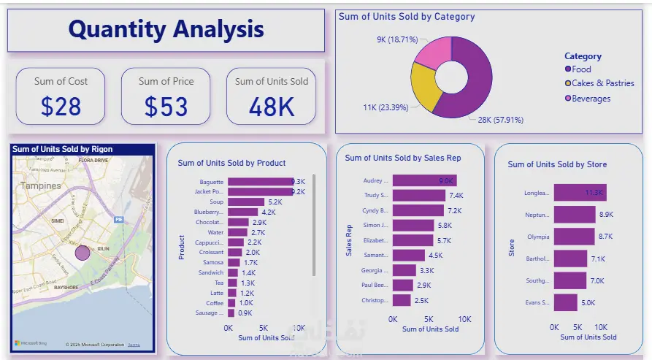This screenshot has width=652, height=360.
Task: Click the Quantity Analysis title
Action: tap(166, 29)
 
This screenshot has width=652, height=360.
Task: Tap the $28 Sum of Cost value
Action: tap(61, 107)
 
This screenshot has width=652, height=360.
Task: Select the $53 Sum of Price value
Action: tap(166, 107)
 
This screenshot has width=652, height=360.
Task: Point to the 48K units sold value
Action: tap(271, 107)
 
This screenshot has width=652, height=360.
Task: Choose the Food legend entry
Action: tap(581, 69)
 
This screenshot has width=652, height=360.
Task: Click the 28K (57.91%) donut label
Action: tap(501, 120)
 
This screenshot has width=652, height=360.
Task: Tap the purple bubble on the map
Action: tap(83, 253)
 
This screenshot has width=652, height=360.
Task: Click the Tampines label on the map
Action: tap(41, 186)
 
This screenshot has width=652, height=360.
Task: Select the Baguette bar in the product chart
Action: tap(260, 182)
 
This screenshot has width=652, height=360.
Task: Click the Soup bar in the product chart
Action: tap(246, 202)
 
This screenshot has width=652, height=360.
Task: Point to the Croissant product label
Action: tap(212, 253)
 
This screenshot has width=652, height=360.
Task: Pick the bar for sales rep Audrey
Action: tap(424, 180)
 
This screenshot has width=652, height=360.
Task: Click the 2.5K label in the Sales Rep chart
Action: tap(421, 300)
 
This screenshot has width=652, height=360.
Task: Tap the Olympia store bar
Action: tap(573, 237)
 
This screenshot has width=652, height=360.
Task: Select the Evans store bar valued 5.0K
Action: tap(565, 302)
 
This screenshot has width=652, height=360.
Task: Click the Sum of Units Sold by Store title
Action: tap(557, 164)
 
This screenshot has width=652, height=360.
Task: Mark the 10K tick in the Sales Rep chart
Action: tap(464, 319)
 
